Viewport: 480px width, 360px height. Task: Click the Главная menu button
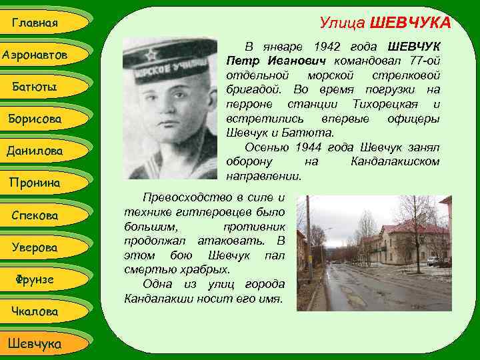click(x=35, y=23)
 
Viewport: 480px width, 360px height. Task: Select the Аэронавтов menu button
click(x=35, y=55)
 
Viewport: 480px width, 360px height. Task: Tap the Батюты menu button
click(x=35, y=87)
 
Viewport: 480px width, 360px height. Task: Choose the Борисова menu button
click(x=35, y=119)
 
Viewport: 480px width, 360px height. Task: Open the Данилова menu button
click(x=35, y=151)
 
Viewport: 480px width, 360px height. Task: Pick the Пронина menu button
click(x=35, y=183)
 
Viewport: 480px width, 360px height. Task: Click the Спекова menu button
click(x=35, y=215)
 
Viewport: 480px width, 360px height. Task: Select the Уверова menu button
click(x=35, y=247)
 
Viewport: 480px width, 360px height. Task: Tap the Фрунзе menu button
click(x=35, y=279)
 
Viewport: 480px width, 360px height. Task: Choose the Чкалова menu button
click(x=35, y=311)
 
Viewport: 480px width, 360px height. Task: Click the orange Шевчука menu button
click(x=35, y=343)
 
